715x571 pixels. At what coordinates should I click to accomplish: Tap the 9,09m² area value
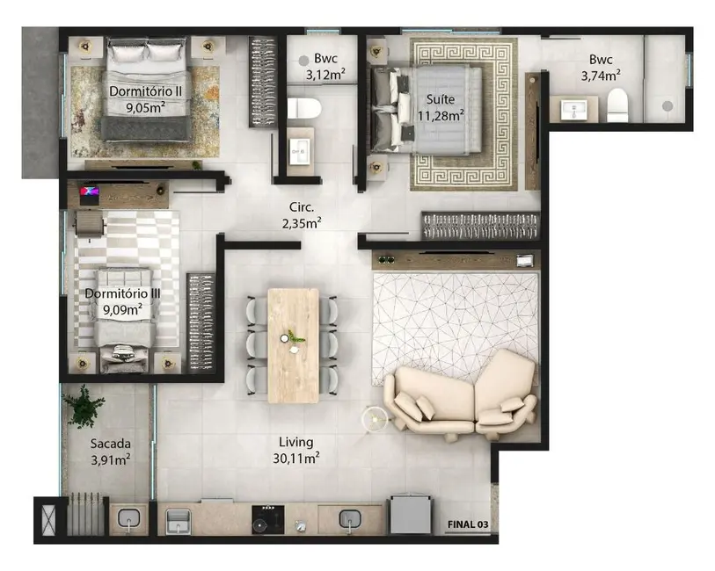[119, 309]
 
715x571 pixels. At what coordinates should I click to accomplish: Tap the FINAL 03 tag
[467, 524]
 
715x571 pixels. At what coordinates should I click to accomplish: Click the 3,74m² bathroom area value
[601, 76]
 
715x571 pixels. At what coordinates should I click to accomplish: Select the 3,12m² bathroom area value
[325, 76]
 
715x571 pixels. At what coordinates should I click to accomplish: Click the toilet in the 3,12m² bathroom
[303, 109]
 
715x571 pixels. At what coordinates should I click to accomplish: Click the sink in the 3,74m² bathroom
[578, 110]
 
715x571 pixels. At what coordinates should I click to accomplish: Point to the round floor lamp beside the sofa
[376, 420]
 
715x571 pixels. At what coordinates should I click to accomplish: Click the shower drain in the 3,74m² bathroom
[668, 105]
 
